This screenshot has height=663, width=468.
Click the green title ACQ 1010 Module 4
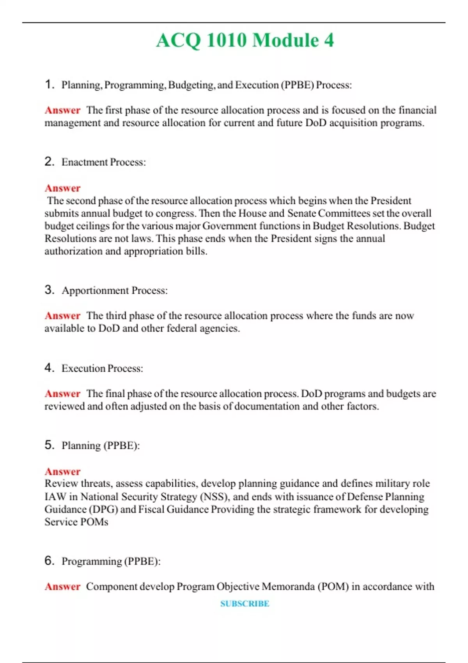pyautogui.click(x=245, y=41)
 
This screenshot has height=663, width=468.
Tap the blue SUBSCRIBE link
pyautogui.click(x=245, y=604)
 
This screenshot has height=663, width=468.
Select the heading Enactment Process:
pyautogui.click(x=103, y=162)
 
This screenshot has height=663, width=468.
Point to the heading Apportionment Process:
pyautogui.click(x=114, y=291)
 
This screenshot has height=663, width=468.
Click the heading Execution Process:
pyautogui.click(x=102, y=369)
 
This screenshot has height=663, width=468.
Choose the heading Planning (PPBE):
pyautogui.click(x=101, y=445)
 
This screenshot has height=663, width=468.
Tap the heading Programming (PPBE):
pyautogui.click(x=111, y=562)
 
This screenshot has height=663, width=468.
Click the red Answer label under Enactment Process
pyautogui.click(x=62, y=188)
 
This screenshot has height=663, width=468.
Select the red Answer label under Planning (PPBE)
pyautogui.click(x=62, y=472)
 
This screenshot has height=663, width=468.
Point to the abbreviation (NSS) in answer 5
pyautogui.click(x=214, y=497)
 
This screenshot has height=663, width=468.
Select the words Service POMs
pyautogui.click(x=76, y=522)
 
